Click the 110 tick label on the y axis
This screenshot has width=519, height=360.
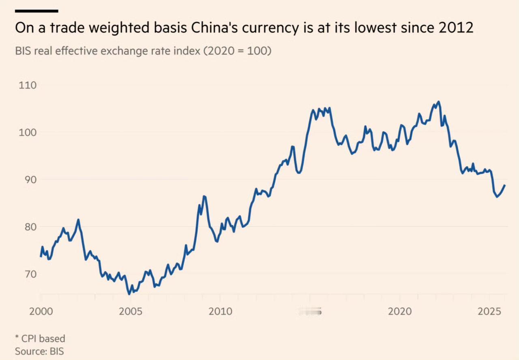coord(27,86)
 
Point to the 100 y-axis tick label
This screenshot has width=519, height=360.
coord(27,133)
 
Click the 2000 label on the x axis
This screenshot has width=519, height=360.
coord(41,311)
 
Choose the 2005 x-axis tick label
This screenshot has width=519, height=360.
coord(131,311)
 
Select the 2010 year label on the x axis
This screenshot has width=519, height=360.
coord(220,311)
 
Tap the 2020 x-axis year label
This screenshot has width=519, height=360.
coord(400,311)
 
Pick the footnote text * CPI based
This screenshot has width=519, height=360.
coord(40,338)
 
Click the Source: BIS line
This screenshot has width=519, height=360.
coord(39,351)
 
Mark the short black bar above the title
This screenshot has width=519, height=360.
coord(36,11)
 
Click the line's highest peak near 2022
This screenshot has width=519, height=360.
coord(439,102)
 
